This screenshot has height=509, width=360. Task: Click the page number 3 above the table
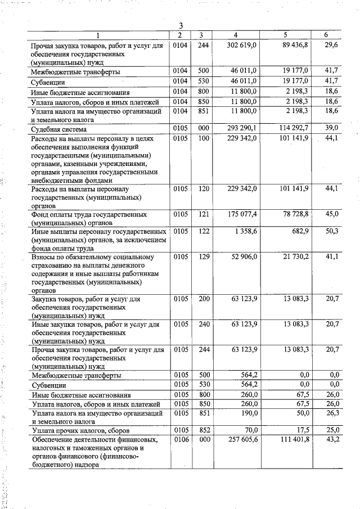[181, 25]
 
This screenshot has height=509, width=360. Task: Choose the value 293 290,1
[242, 129]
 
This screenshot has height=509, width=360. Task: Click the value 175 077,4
[242, 214]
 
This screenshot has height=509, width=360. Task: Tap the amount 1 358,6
[246, 231]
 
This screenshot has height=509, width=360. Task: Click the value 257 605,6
[242, 439]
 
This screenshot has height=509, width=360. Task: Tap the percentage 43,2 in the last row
[332, 439]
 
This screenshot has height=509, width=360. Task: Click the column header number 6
[326, 35]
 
